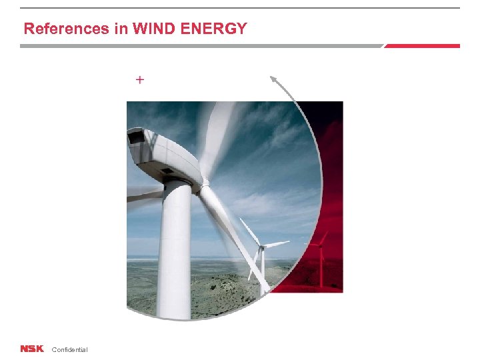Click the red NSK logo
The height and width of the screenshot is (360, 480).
[x=31, y=349]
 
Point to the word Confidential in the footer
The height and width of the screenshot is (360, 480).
[x=69, y=350]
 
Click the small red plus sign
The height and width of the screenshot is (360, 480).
[x=140, y=80]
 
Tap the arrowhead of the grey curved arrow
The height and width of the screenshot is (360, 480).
[x=273, y=79]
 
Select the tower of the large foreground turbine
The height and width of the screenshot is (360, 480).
[x=175, y=253]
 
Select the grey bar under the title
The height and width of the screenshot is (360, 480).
[x=200, y=46]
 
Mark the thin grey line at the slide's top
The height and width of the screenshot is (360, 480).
[x=240, y=8]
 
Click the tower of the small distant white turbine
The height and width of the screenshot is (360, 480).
[x=263, y=267]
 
